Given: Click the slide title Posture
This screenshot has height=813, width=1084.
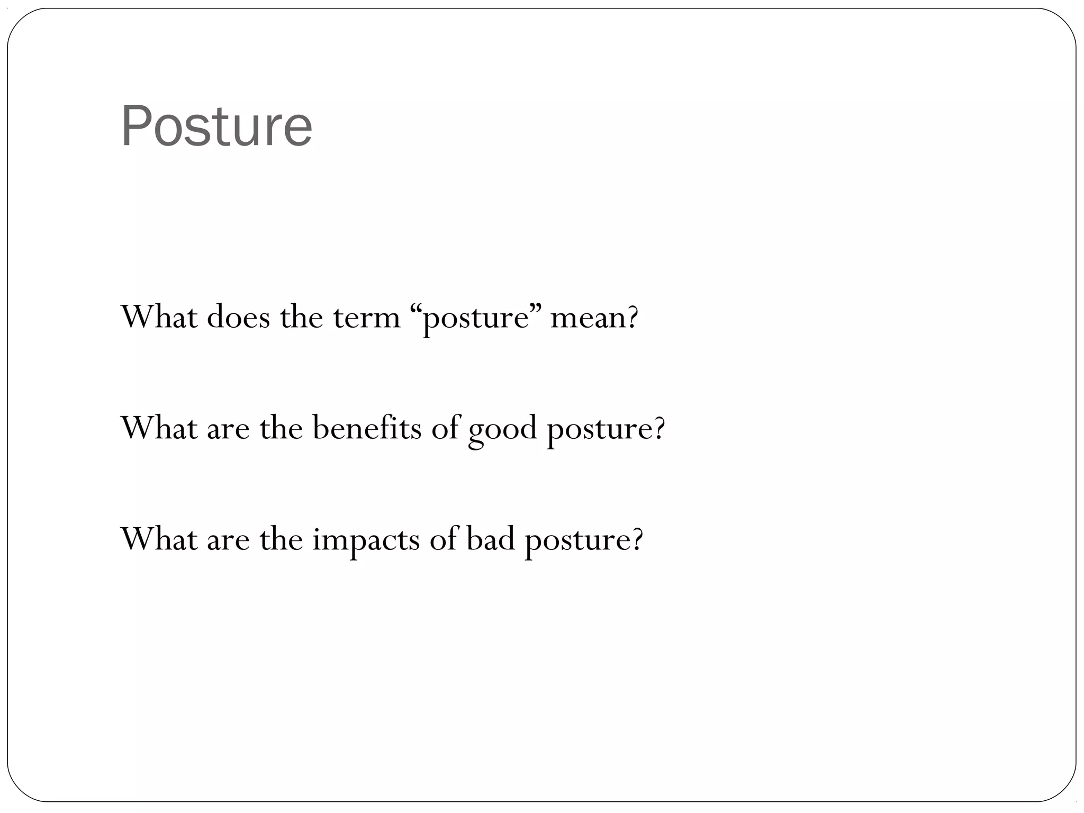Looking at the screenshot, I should (x=216, y=127).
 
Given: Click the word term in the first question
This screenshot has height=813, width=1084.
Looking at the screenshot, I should (x=366, y=318).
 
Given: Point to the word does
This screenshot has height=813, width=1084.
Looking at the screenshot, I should (x=238, y=318).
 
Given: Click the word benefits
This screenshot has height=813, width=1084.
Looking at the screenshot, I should (x=367, y=428).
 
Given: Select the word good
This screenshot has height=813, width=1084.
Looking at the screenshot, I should (x=502, y=430).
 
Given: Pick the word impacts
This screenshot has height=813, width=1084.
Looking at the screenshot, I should (x=365, y=540).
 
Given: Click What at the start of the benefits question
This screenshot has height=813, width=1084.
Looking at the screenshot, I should (x=159, y=428).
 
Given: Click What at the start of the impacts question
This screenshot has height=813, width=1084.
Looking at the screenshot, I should (x=159, y=539).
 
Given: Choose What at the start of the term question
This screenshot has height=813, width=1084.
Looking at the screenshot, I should (x=159, y=318).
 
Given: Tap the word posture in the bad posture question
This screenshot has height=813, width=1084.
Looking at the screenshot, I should (x=577, y=541).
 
